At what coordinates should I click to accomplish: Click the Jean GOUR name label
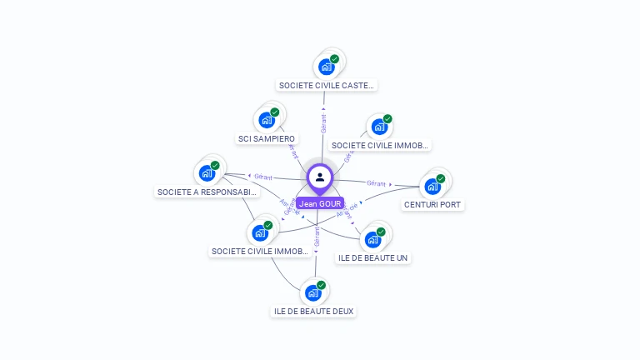[320, 203]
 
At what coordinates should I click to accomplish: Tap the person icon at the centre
[320, 177]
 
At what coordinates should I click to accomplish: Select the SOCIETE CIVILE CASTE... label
[327, 85]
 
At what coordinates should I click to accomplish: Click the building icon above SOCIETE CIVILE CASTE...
[326, 66]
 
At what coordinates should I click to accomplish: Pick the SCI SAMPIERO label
[266, 138]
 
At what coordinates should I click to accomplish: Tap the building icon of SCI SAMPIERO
[266, 119]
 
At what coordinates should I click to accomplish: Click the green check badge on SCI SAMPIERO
[274, 112]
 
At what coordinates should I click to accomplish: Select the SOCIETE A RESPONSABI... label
[208, 192]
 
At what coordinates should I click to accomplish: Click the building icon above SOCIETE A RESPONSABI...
[206, 173]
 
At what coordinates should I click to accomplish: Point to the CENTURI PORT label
[432, 204]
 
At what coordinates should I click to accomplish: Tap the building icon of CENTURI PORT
[432, 186]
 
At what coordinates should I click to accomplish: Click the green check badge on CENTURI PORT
[440, 178]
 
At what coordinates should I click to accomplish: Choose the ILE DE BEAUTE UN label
[372, 258]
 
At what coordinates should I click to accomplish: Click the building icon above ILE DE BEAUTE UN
[372, 239]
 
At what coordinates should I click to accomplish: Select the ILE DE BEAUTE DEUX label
[313, 312]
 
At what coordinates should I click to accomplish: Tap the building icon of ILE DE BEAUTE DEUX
[312, 292]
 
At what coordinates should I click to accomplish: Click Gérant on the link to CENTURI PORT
[377, 182]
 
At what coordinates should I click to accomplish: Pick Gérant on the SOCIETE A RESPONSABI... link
[263, 177]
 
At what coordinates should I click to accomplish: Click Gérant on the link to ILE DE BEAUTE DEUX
[317, 236]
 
